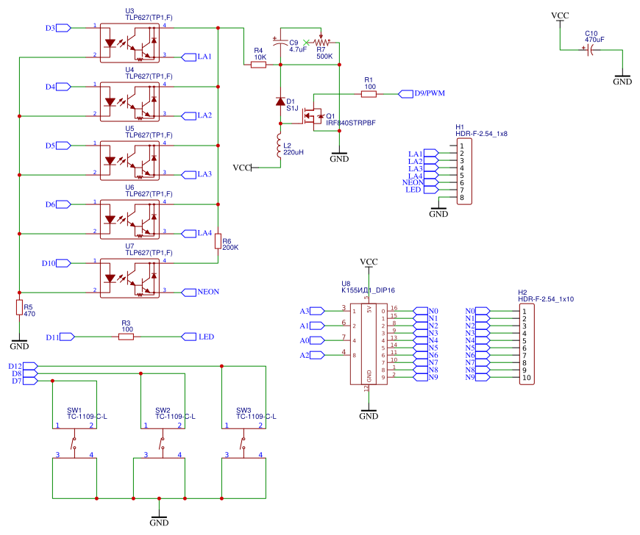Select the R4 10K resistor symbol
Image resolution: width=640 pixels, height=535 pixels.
(258, 65)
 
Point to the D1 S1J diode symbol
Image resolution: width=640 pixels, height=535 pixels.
(280, 101)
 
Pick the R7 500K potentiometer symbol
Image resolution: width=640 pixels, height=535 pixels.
(321, 43)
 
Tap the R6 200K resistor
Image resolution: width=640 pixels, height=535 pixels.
(218, 241)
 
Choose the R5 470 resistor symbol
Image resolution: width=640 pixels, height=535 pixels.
(20, 307)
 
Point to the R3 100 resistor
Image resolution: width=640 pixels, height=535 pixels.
(127, 337)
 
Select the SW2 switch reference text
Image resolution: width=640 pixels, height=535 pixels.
(163, 410)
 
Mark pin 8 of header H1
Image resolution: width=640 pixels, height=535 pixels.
(462, 198)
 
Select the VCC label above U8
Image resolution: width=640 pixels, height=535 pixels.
(369, 262)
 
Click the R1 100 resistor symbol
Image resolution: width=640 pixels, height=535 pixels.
(369, 93)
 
